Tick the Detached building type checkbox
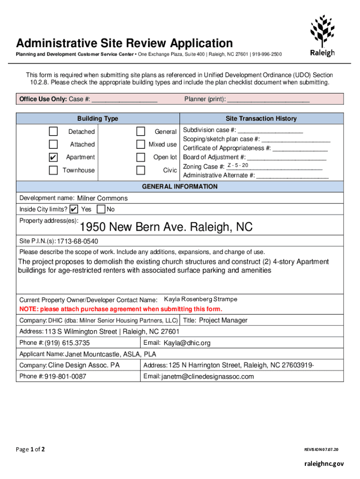click(54, 131)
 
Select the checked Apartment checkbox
click(54, 157)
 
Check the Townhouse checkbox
click(54, 170)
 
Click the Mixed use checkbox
click(140, 144)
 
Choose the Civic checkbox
click(140, 170)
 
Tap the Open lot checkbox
click(140, 157)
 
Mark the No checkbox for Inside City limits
click(101, 209)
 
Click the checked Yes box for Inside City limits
click(73, 209)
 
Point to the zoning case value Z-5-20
click(238, 166)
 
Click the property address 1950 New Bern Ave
click(166, 227)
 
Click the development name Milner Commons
click(102, 198)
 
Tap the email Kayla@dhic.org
click(187, 343)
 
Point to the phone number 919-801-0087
click(65, 377)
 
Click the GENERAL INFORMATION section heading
click(180, 187)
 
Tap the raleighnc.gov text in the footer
click(323, 464)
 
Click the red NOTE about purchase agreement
click(121, 309)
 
